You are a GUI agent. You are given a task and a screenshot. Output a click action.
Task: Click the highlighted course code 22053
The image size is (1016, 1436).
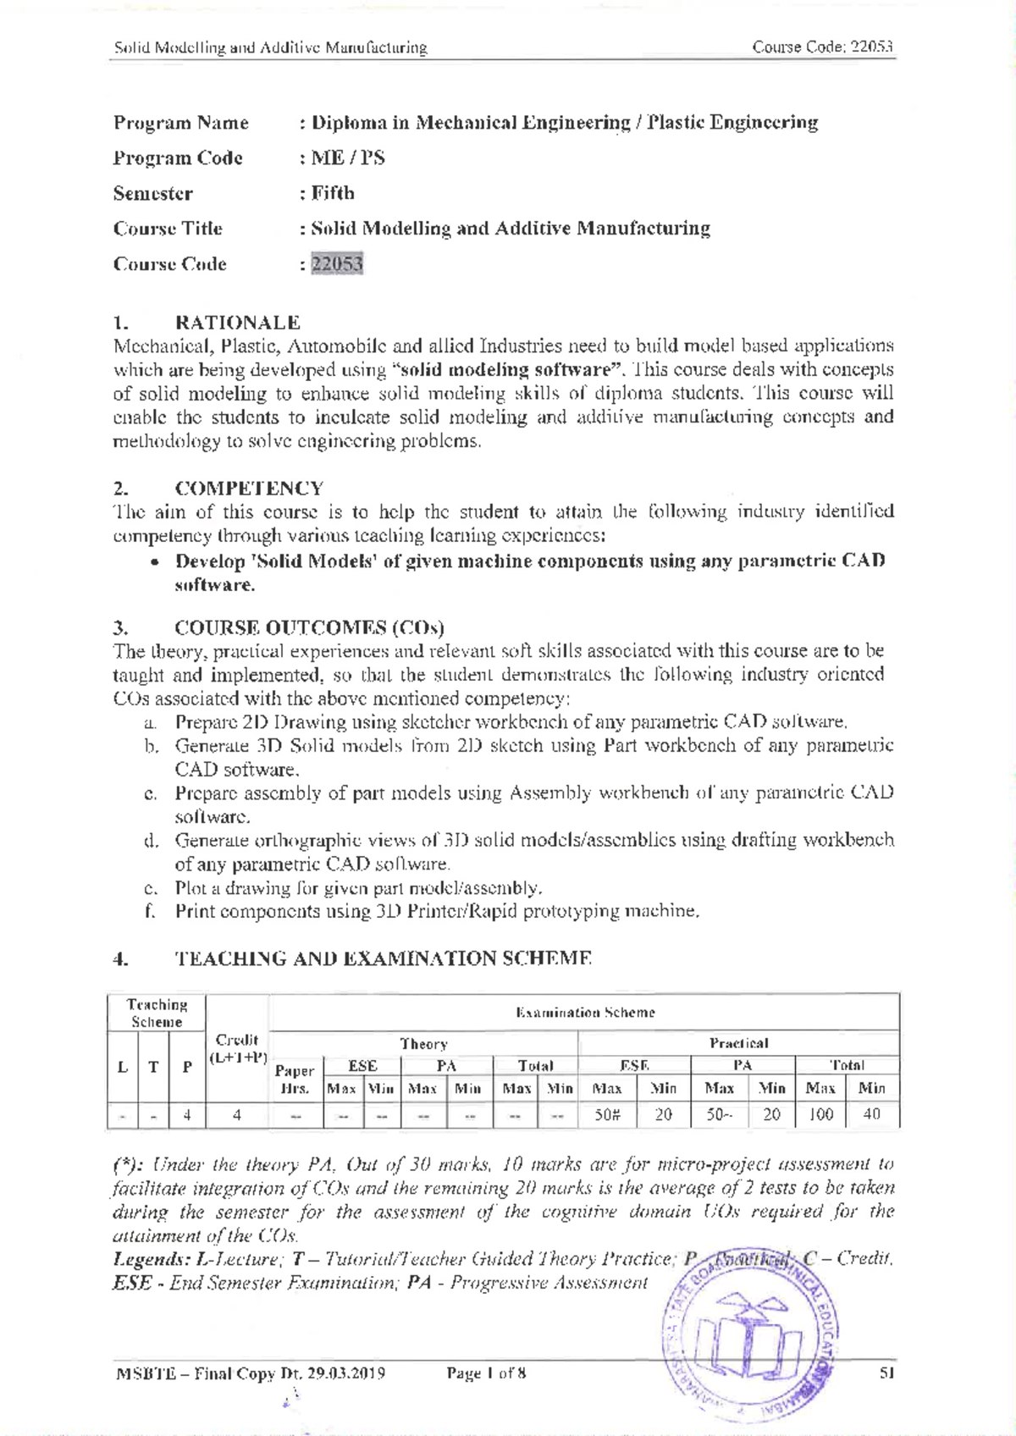tap(337, 264)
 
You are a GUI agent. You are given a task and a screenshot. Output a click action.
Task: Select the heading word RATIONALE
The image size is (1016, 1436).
tap(237, 323)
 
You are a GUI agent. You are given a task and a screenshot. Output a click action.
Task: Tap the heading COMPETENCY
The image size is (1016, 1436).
tap(249, 489)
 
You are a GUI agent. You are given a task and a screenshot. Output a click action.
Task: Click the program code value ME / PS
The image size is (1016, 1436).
tap(347, 158)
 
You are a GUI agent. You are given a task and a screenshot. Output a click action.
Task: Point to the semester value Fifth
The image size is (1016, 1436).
tap(332, 194)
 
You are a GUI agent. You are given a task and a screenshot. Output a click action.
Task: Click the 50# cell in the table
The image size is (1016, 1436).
tap(607, 1115)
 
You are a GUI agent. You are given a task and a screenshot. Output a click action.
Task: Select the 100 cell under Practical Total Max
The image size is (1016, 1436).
tap(820, 1115)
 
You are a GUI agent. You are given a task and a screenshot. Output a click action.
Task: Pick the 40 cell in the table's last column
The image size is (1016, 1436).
tap(871, 1115)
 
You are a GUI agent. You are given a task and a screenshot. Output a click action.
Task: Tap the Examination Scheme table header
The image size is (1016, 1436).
tap(584, 1013)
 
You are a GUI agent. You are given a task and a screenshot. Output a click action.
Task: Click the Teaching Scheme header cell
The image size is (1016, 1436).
tap(157, 1013)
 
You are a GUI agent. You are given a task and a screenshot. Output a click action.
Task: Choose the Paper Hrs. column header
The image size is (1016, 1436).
tap(295, 1080)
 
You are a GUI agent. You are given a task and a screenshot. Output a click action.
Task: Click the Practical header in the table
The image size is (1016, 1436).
tap(738, 1044)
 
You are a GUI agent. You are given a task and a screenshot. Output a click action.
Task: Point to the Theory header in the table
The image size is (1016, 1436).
tap(423, 1045)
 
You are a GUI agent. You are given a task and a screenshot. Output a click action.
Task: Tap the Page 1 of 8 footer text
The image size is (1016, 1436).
tap(486, 1373)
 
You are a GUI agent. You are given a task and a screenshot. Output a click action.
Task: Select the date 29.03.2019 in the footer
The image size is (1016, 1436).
tap(345, 1373)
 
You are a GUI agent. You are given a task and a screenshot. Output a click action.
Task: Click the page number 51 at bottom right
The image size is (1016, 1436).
tap(886, 1373)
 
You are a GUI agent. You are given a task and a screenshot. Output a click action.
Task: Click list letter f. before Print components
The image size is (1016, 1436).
tap(150, 912)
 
